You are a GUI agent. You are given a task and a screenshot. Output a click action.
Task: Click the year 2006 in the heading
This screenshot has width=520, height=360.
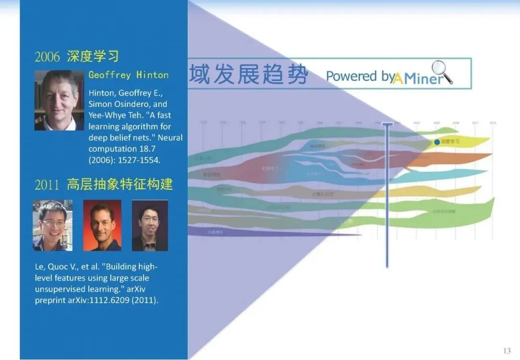pyautogui.click(x=47, y=57)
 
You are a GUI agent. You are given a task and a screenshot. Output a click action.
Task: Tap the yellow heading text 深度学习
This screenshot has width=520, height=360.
pyautogui.click(x=92, y=56)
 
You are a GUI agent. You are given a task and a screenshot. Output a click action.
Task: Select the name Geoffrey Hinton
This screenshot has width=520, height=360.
pyautogui.click(x=129, y=75)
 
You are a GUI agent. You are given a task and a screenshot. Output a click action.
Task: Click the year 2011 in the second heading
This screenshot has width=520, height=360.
pyautogui.click(x=47, y=185)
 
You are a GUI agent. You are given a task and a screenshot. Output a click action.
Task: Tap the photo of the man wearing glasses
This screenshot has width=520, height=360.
pyautogui.click(x=52, y=226)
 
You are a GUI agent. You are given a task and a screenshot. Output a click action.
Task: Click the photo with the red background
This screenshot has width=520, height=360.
pyautogui.click(x=102, y=226)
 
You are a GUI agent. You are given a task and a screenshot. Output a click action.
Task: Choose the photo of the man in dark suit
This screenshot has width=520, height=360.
pyautogui.click(x=150, y=226)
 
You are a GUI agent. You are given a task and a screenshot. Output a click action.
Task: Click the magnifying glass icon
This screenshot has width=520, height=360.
pyautogui.click(x=441, y=72)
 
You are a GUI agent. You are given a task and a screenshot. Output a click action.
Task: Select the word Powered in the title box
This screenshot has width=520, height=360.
pyautogui.click(x=351, y=76)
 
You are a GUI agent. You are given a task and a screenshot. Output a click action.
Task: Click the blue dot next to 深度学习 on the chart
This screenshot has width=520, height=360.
pyautogui.click(x=437, y=142)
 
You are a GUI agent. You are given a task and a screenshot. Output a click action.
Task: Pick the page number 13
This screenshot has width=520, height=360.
pyautogui.click(x=507, y=350)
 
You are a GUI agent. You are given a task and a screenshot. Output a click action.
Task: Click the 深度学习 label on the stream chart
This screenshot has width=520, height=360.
pyautogui.click(x=450, y=142)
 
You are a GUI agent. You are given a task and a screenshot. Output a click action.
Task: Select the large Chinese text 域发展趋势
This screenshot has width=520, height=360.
pyautogui.click(x=248, y=75)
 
